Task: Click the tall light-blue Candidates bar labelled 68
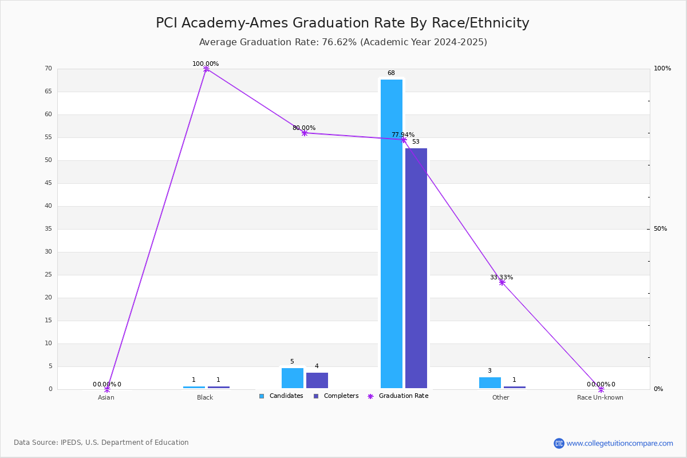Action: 392,234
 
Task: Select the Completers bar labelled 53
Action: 416,268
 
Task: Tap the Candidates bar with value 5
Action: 293,378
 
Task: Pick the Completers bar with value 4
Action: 317,380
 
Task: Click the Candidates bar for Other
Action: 490,382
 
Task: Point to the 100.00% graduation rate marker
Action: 206,69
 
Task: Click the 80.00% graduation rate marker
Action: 305,133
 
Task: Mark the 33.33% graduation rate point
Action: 502,283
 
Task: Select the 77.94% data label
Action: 403,135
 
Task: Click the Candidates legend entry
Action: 281,396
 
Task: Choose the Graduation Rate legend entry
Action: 398,396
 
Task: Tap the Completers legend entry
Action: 336,396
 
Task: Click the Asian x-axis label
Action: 106,397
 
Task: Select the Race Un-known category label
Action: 600,397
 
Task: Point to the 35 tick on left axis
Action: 49,229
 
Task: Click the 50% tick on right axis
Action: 660,229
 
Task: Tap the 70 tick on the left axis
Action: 49,68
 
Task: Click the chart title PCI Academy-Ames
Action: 342,23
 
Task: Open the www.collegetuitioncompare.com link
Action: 619,443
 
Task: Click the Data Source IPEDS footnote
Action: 101,443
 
